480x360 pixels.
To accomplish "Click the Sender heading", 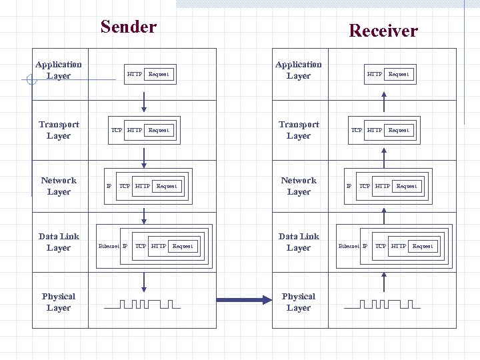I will coord(128,27).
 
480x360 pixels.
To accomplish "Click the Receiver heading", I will coord(383,31).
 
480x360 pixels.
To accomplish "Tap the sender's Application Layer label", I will coord(59,70).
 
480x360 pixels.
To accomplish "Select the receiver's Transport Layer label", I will coord(299,130).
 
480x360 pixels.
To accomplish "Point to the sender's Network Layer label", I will coord(59,186).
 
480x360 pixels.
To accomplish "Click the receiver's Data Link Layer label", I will coord(299,242).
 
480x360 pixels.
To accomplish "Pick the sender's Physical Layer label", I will coord(59,302).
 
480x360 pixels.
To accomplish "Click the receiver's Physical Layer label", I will coord(299,302).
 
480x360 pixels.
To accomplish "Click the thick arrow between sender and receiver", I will coord(244,299).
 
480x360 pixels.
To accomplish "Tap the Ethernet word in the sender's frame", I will coord(109,246).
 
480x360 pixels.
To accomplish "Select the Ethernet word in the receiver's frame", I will coord(349,246).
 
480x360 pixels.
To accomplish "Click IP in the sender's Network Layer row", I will coord(109,186).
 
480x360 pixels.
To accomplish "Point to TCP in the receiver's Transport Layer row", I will coord(357,130).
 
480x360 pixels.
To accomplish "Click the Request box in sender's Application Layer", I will coord(159,74).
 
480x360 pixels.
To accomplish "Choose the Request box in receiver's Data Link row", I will coord(423,246).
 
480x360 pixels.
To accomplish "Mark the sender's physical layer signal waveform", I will coord(143,305).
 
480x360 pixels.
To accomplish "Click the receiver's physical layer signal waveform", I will coord(383,305).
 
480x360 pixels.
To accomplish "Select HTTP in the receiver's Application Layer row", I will coord(375,74).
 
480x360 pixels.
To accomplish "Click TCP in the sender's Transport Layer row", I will coord(117,130).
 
